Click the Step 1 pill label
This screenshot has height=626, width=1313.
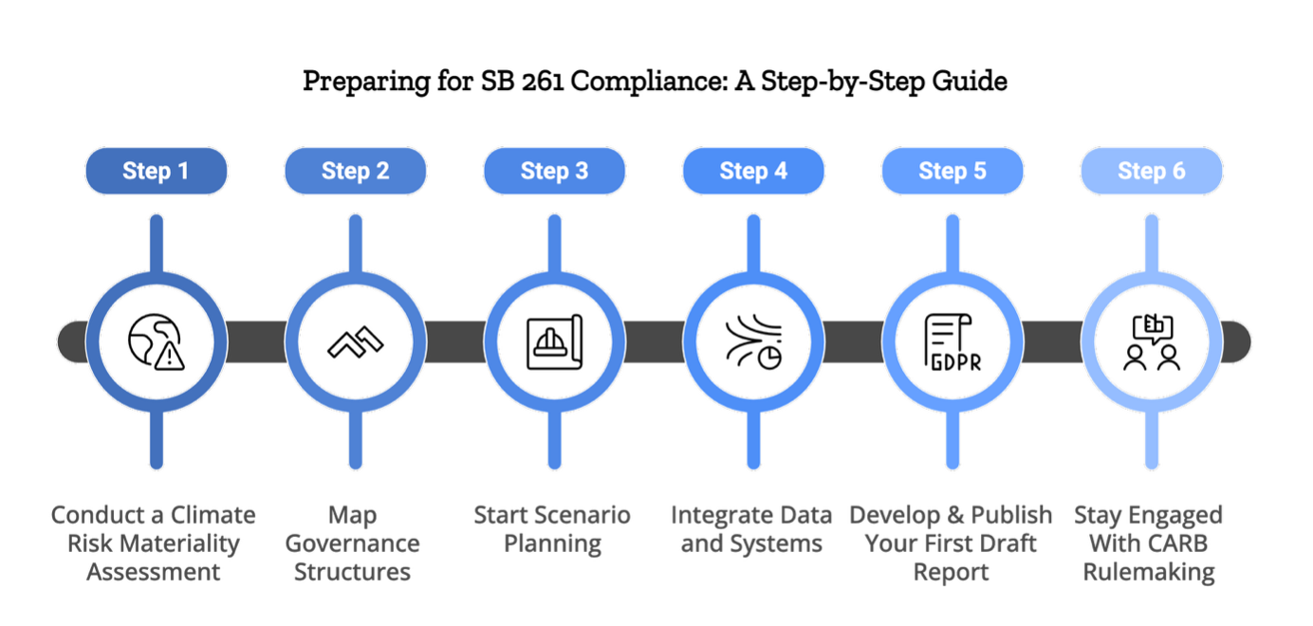pyautogui.click(x=156, y=171)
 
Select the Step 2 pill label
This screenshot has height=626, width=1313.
pyautogui.click(x=355, y=171)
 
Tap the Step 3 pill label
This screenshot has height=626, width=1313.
pyautogui.click(x=554, y=171)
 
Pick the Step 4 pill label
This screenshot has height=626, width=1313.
pyautogui.click(x=753, y=171)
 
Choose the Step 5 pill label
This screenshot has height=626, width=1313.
pyautogui.click(x=952, y=171)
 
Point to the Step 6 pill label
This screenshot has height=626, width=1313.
pyautogui.click(x=1152, y=171)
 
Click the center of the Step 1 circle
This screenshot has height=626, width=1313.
pyautogui.click(x=156, y=341)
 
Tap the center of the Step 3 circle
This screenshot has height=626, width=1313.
pyautogui.click(x=554, y=341)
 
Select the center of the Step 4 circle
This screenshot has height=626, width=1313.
pyautogui.click(x=753, y=341)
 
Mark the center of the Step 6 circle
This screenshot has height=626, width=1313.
pyautogui.click(x=1152, y=341)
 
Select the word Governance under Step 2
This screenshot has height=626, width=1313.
pyautogui.click(x=352, y=543)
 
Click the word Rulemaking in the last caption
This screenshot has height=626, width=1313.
pyautogui.click(x=1149, y=572)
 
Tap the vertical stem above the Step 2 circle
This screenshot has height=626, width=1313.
pyautogui.click(x=355, y=242)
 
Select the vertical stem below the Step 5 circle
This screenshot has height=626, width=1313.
pyautogui.click(x=952, y=441)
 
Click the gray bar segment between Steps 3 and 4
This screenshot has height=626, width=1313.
pyautogui.click(x=654, y=341)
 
